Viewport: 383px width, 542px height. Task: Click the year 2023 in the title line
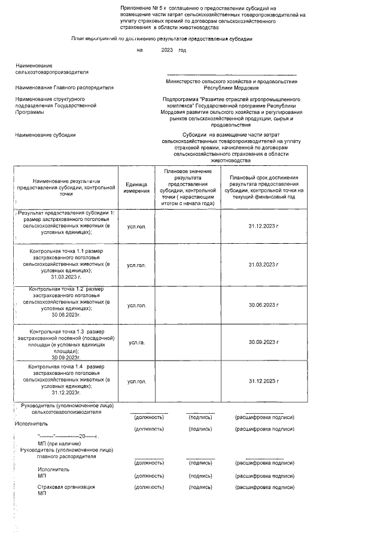coord(166,50)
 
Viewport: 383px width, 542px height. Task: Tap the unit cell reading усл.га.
coord(137,343)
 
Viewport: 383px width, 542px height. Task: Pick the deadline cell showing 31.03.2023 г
coord(263,265)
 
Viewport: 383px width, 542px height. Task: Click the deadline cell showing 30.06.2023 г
coord(263,305)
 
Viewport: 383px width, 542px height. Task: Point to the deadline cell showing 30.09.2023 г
coord(263,342)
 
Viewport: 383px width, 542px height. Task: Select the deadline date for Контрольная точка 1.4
coord(263,381)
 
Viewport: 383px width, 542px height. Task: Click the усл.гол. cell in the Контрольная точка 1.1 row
coord(137,265)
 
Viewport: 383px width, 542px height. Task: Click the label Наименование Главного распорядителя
coord(65,87)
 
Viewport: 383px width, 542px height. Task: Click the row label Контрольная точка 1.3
coord(66,331)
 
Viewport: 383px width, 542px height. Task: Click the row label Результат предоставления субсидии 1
coord(67,214)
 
